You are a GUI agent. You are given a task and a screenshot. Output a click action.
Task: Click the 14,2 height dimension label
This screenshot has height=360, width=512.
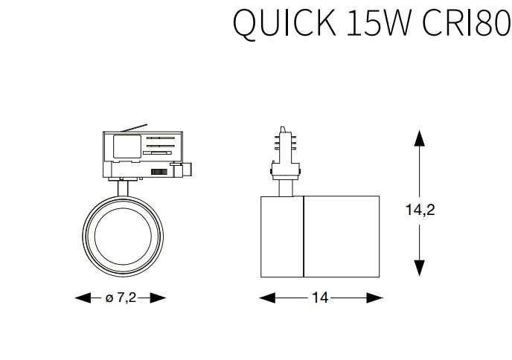tap(420, 210)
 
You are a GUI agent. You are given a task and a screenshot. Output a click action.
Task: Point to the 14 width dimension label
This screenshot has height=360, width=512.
tap(320, 298)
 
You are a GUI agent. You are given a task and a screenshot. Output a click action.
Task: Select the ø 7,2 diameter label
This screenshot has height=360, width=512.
tap(121, 298)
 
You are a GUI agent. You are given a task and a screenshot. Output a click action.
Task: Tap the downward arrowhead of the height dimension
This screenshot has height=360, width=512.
tap(420, 268)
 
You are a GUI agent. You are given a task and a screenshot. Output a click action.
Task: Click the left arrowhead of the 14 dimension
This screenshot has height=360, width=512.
tap(266, 298)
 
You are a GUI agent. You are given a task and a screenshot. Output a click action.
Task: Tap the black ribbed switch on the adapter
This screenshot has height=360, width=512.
tap(159, 171)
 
